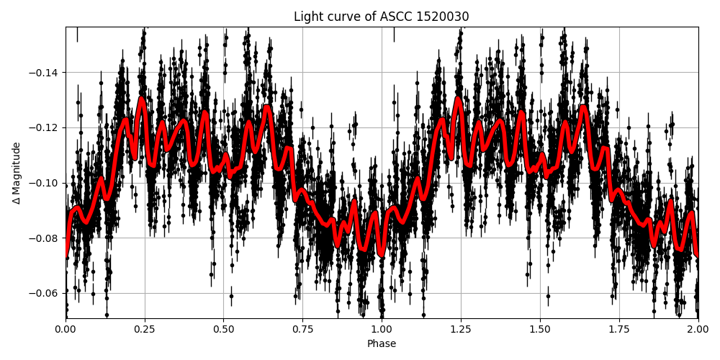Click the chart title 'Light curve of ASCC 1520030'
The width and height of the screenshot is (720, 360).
[381, 17]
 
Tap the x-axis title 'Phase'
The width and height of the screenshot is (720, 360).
[381, 343]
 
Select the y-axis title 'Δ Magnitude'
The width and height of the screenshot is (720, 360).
[17, 173]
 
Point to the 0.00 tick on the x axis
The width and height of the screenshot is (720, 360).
[66, 329]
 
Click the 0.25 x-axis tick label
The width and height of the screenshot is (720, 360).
[145, 329]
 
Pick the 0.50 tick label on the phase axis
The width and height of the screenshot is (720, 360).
[223, 329]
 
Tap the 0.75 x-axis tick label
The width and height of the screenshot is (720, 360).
[302, 329]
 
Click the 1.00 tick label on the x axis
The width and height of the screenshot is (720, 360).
[382, 329]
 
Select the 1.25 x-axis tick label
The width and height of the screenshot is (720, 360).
[461, 329]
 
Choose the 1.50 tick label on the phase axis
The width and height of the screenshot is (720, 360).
[539, 329]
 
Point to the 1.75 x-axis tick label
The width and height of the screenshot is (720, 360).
[618, 329]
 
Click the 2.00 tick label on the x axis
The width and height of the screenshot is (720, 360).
[698, 329]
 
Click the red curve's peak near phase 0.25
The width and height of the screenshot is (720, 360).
[142, 98]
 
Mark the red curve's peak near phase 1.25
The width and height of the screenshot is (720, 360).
[458, 98]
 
